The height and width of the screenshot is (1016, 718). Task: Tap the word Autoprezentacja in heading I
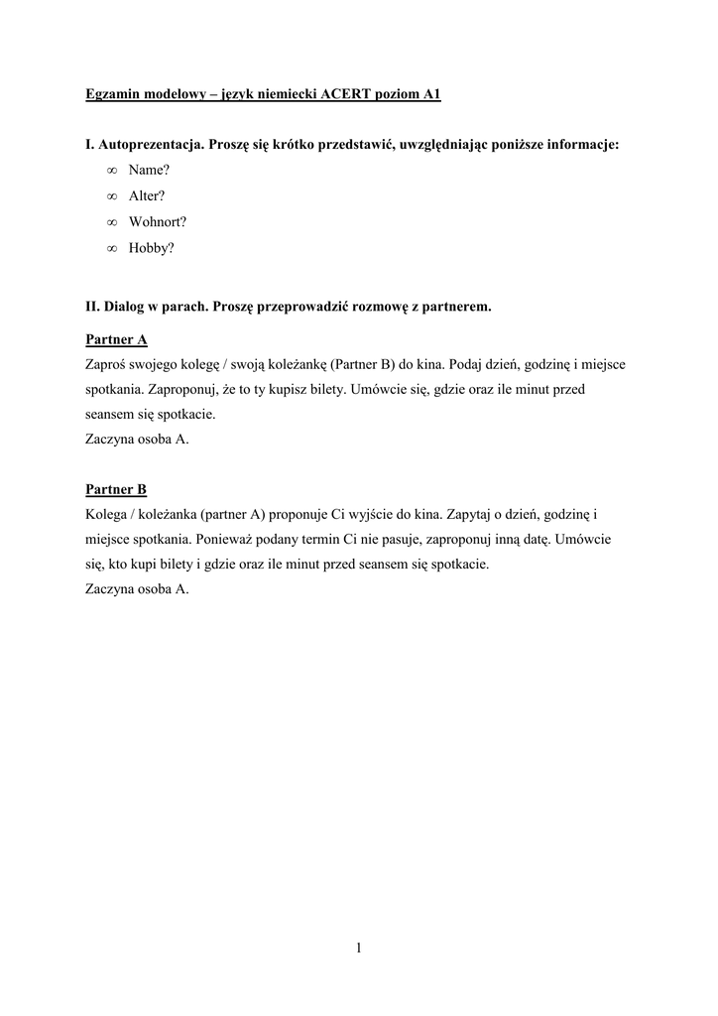[147, 145]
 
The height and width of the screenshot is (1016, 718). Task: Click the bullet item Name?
[149, 171]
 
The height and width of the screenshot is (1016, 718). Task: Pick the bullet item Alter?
[147, 196]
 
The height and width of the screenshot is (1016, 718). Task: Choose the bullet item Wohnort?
[157, 222]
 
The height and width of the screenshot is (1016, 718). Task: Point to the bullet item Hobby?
[151, 248]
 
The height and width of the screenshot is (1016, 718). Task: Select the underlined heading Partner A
[116, 339]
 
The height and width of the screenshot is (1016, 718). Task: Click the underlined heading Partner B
[116, 489]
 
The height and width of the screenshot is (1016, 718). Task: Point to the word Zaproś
[108, 364]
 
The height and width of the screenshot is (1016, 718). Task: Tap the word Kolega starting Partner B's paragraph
[108, 515]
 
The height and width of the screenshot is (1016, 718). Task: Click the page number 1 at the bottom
[358, 949]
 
